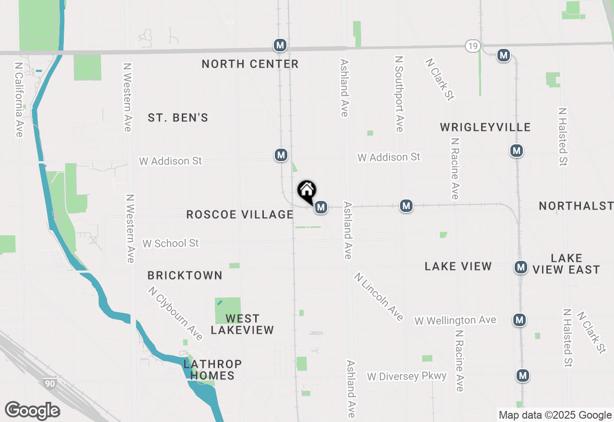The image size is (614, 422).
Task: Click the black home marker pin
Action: point(307,191)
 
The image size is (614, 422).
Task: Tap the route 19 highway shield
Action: point(472,46)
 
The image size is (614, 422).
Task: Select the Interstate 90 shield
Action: point(49,383)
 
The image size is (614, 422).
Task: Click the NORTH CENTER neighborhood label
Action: point(250,64)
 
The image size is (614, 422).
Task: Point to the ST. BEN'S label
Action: point(178,117)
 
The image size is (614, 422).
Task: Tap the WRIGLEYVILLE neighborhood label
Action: point(485,127)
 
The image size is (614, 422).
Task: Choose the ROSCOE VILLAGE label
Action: point(240,214)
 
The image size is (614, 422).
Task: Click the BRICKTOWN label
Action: point(185,275)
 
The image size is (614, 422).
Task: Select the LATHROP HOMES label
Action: point(213,370)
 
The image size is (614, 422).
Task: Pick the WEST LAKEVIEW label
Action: point(242,324)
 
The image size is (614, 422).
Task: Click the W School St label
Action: point(170,243)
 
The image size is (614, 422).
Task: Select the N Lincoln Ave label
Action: point(379,296)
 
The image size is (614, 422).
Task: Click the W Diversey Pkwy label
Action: point(407,376)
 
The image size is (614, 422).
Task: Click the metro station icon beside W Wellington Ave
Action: point(519,319)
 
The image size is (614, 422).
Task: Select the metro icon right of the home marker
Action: point(321,207)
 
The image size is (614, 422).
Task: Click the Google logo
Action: point(32,410)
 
